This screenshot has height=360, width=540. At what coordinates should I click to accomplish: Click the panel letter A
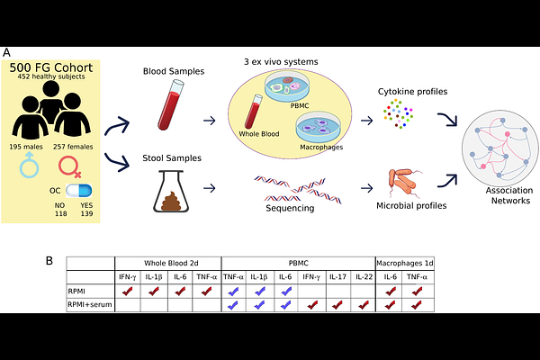pos(7,53)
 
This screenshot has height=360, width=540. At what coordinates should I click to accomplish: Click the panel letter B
pos(49,261)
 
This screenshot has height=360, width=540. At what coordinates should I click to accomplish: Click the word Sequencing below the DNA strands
pos(290,208)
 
